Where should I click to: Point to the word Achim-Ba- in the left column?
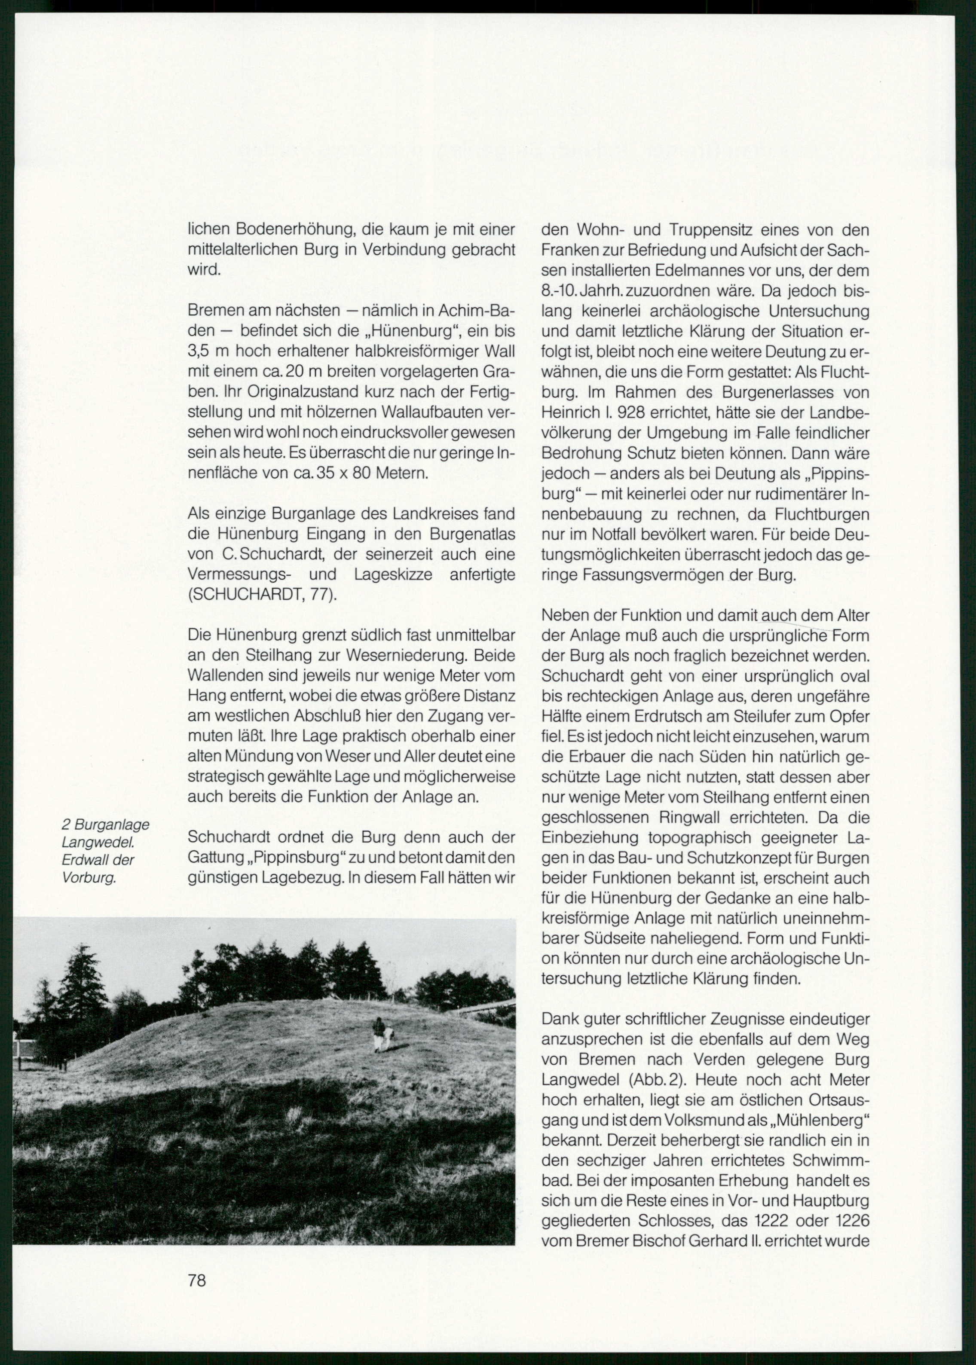click(x=477, y=311)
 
